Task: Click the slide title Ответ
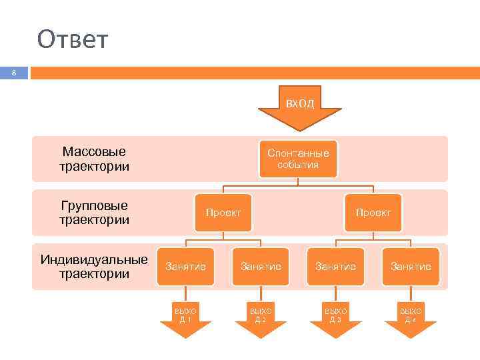coord(72,40)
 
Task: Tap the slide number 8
coord(14,73)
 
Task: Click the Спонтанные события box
coord(298,159)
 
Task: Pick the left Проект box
coord(223,213)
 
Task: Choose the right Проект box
coord(373,213)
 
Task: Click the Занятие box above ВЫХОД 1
coord(185,267)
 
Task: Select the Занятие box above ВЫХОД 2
coord(261,267)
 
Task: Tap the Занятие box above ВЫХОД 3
coord(335,267)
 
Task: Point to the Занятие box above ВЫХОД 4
coord(411,267)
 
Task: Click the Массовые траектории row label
coord(94,159)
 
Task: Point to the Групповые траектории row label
coord(94,213)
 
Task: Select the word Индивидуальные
coord(94,259)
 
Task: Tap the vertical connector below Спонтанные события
coord(298,181)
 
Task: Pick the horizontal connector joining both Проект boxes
coord(298,185)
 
